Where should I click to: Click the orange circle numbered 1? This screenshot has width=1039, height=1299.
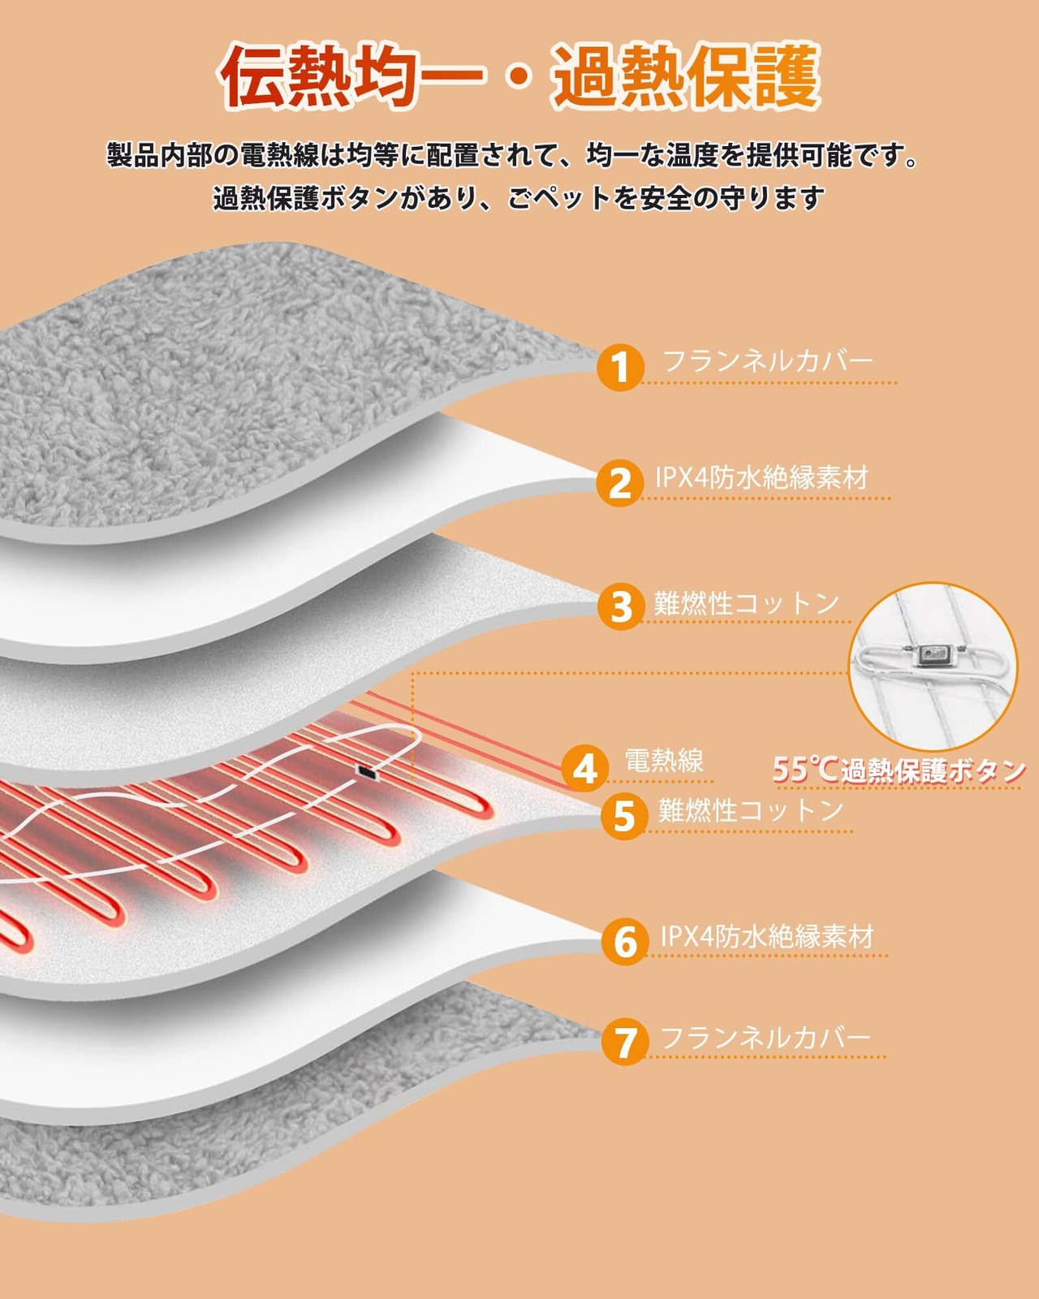[x=620, y=367]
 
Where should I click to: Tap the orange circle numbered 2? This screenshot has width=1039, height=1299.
[x=620, y=483]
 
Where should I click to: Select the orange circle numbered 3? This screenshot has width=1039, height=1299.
[x=621, y=606]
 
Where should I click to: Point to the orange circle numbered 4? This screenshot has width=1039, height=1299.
[x=585, y=768]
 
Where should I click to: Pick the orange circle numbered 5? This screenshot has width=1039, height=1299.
[x=624, y=815]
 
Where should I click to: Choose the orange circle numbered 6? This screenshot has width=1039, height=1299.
[x=625, y=941]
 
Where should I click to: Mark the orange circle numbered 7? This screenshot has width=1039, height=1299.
[x=625, y=1042]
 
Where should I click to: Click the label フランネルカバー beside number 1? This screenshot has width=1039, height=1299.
[x=767, y=360]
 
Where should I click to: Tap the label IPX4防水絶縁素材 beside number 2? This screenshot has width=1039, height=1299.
[x=761, y=477]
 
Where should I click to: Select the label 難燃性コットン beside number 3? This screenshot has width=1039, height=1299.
[x=747, y=603]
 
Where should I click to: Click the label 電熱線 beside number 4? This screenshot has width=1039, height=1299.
[x=663, y=761]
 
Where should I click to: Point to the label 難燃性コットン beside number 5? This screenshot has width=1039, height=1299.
[x=750, y=810]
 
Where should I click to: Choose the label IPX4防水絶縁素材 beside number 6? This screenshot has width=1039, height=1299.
[x=766, y=936]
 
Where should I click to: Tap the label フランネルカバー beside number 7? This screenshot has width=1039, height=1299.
[x=765, y=1037]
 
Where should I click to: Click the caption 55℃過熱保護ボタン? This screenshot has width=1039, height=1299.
[x=898, y=769]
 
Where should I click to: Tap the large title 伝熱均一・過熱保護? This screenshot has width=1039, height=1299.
[x=519, y=77]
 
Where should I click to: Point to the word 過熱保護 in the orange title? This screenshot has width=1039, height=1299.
[x=686, y=77]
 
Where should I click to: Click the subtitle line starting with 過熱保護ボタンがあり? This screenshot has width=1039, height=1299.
[x=519, y=198]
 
